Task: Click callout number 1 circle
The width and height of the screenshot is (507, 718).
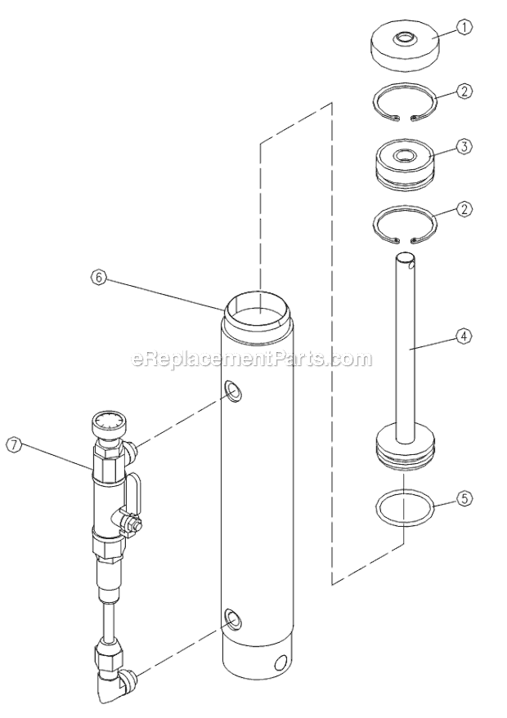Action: tap(465, 27)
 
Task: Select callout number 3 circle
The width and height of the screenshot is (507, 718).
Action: tap(465, 147)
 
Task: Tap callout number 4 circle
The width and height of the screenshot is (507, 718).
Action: tap(464, 335)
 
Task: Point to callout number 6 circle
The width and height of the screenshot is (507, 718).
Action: tap(97, 277)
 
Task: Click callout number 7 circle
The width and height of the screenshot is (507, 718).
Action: tap(14, 445)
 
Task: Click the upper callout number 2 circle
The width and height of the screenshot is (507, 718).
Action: tap(464, 91)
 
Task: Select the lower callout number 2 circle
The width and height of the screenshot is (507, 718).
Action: tap(464, 209)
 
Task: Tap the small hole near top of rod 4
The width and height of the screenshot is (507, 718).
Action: tap(411, 264)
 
